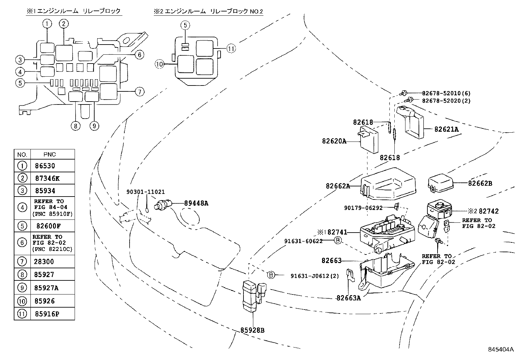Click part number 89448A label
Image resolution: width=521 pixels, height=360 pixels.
(x=196, y=203)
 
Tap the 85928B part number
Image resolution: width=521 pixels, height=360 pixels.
(x=252, y=330)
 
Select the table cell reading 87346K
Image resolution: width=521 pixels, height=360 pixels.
(x=47, y=179)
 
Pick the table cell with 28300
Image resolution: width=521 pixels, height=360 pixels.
(x=44, y=262)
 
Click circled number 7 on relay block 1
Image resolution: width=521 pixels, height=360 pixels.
(x=139, y=92)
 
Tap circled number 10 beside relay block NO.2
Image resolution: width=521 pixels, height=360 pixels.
(x=159, y=65)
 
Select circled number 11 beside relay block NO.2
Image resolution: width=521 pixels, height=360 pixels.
(x=231, y=49)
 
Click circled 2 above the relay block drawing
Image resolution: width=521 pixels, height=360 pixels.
(x=64, y=23)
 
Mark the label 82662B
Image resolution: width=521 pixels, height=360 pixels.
(x=480, y=183)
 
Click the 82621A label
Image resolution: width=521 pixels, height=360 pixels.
(x=446, y=129)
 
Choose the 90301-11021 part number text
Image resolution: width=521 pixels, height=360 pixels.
(x=146, y=192)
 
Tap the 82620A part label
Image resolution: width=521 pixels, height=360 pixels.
(x=334, y=141)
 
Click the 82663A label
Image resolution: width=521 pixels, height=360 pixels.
(x=348, y=298)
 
